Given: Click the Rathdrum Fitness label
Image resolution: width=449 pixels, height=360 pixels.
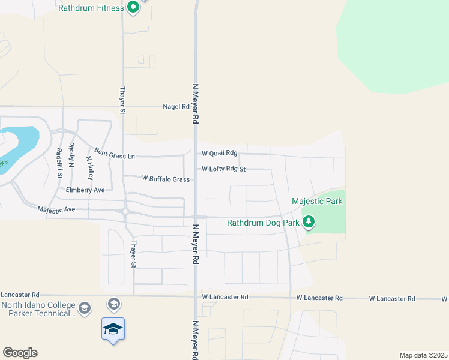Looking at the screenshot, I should [x=91, y=8].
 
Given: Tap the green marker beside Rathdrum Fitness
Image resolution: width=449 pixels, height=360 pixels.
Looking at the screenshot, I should [x=133, y=8].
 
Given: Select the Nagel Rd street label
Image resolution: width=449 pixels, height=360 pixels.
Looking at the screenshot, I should [x=176, y=107].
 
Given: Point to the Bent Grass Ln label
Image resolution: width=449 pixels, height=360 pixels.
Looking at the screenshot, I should [x=114, y=155].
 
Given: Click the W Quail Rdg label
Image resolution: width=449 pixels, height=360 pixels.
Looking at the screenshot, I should [x=223, y=154].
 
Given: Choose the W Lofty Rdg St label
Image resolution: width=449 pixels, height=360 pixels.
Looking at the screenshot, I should [x=223, y=169].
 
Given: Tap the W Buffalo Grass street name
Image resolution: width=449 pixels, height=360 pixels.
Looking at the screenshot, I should [x=166, y=179].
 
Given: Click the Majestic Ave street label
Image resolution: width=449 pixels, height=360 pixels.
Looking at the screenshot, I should [x=56, y=209].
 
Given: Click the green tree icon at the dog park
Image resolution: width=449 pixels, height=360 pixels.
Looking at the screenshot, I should [x=309, y=223].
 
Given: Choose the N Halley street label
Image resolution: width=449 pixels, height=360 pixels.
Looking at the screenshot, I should [x=90, y=168].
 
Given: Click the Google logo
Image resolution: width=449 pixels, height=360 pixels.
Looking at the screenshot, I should [x=19, y=353].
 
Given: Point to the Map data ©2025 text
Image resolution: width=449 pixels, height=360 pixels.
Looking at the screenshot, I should [x=423, y=355].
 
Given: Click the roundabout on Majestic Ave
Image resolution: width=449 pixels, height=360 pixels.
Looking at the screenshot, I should [x=125, y=211].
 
